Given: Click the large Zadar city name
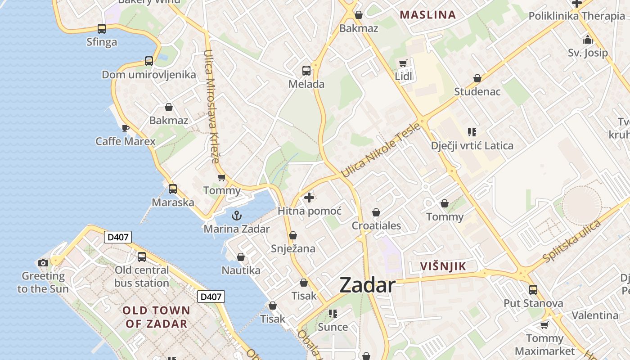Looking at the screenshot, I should point(367,285).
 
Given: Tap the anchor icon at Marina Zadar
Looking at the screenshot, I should point(237,216).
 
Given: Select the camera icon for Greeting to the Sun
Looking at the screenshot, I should point(43,263).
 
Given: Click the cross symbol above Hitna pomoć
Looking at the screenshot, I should point(309,198).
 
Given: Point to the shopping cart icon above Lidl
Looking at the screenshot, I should point(403,63).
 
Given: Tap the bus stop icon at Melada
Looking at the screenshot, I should point(306,71).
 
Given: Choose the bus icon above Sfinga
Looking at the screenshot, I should point(102,29).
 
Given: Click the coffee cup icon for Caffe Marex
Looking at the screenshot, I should point(126,128).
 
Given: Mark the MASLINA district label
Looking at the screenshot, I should point(427,14).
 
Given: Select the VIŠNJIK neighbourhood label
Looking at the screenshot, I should point(443,266).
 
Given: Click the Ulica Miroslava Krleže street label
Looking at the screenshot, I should point(211,106).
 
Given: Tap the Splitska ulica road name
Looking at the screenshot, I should point(571,241).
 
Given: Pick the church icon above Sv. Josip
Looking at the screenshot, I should point(587,40).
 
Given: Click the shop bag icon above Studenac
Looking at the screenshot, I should point(477,79).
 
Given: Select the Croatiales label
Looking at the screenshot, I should point(376,225).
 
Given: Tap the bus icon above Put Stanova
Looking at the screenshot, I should point(533,290).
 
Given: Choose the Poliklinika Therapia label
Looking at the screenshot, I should point(576,16).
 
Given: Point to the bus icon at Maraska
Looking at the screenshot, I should point(173,189).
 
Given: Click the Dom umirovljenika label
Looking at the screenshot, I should point(149,75).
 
